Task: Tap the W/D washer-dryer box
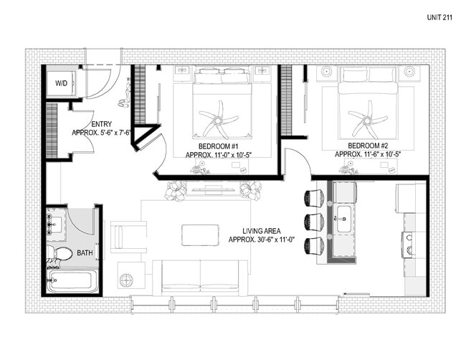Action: pyautogui.click(x=62, y=83)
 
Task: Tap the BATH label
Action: pyautogui.click(x=85, y=253)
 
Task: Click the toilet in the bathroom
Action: pyautogui.click(x=60, y=253)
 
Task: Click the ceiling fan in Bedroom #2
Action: pyautogui.click(x=366, y=118)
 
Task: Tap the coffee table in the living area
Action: pyautogui.click(x=200, y=235)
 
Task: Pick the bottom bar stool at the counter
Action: pyautogui.click(x=313, y=245)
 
